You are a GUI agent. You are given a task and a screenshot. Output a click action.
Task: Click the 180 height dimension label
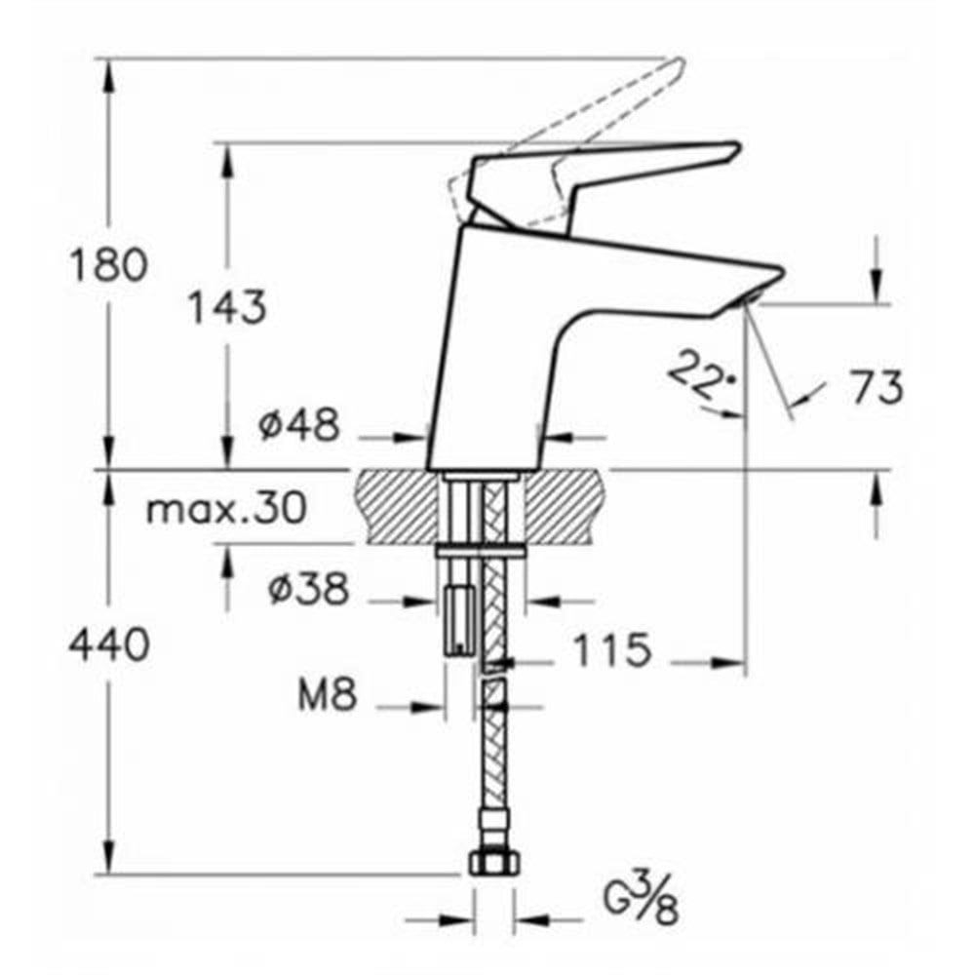(x=109, y=264)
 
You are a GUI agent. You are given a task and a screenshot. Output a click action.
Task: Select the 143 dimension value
(x=227, y=306)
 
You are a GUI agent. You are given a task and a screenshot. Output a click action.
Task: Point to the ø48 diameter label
(x=299, y=425)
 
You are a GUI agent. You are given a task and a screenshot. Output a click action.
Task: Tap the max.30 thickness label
(x=226, y=508)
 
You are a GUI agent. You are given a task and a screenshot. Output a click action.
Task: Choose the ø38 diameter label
(x=309, y=588)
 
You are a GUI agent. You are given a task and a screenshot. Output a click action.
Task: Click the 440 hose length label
(x=109, y=644)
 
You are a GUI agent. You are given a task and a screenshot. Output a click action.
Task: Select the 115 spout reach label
(x=611, y=649)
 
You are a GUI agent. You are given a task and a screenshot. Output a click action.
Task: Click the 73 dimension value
(x=877, y=387)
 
